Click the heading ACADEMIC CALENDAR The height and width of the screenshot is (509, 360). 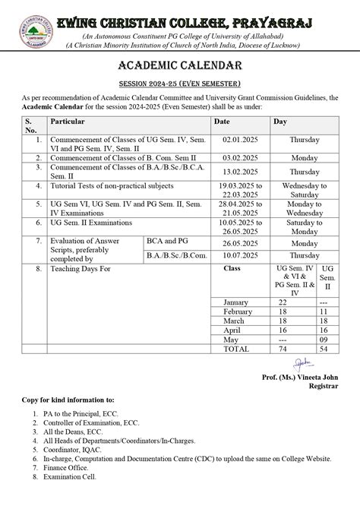pyautogui.click(x=180, y=67)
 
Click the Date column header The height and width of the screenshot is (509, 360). pyautogui.click(x=222, y=121)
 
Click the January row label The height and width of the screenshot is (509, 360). pyautogui.click(x=235, y=302)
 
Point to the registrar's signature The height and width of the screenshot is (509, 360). pyautogui.click(x=304, y=362)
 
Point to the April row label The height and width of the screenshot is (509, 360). pyautogui.click(x=231, y=330)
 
